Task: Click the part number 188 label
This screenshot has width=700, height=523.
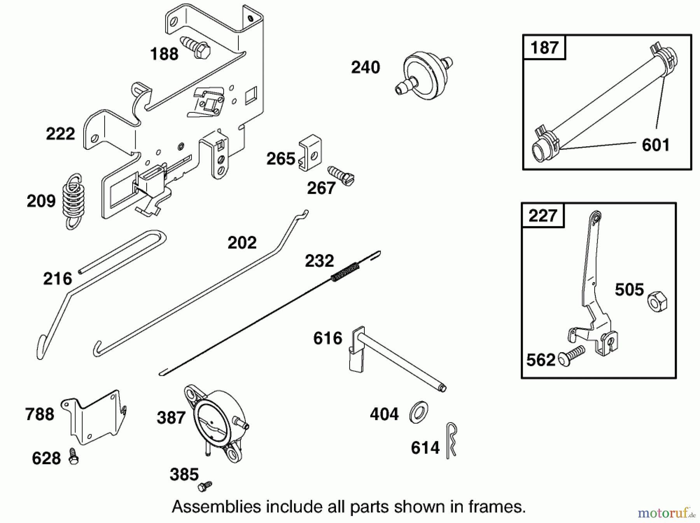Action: point(164,54)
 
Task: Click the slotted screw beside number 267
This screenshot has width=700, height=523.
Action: point(341,176)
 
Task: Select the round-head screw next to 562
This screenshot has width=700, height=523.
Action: point(571,355)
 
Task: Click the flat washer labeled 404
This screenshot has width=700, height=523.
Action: point(419,413)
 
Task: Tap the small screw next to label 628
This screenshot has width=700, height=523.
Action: point(73,456)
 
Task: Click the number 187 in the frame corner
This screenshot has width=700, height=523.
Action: point(544,47)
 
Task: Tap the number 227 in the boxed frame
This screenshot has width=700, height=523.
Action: point(542,215)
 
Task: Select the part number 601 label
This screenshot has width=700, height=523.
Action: point(655,145)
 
